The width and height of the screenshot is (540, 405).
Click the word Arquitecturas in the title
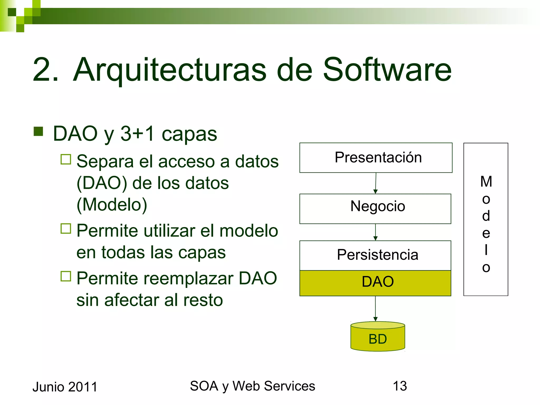pos(170,70)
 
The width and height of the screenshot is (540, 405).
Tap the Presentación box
pos(376,158)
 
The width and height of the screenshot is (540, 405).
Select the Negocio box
pos(375,209)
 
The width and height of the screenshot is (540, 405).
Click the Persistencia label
pos(378,255)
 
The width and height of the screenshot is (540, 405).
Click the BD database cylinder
pos(378,337)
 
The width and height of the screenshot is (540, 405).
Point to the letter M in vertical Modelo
pos(486,182)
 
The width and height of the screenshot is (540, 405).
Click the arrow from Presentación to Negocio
pos(376,183)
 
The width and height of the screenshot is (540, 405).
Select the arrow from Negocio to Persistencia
pos(375,232)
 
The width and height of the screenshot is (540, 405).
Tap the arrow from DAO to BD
pos(375,308)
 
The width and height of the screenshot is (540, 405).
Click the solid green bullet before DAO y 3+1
pos(38,131)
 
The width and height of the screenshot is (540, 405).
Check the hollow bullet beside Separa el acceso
pos(66,159)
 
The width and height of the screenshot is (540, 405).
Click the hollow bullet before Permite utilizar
pos(66,229)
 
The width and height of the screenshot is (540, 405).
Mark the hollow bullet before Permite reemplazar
pos(66,276)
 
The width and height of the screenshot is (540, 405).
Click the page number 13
pos(400,386)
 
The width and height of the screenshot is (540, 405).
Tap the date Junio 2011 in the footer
pos(65,387)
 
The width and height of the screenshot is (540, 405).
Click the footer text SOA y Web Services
pos(252,386)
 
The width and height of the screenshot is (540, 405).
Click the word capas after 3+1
pos(189,134)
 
